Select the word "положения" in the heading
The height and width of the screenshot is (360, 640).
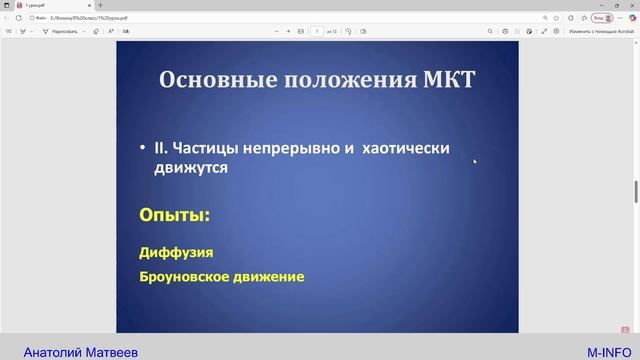333,79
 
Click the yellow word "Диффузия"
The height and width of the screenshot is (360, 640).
176,253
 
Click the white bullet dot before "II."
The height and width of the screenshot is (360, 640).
144,149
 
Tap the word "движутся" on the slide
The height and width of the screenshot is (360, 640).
191,168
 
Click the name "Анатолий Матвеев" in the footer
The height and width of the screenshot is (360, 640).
80,352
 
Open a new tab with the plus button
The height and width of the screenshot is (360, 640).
100,5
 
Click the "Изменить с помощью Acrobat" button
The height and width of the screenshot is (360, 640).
600,31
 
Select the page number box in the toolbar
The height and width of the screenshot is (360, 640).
317,31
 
